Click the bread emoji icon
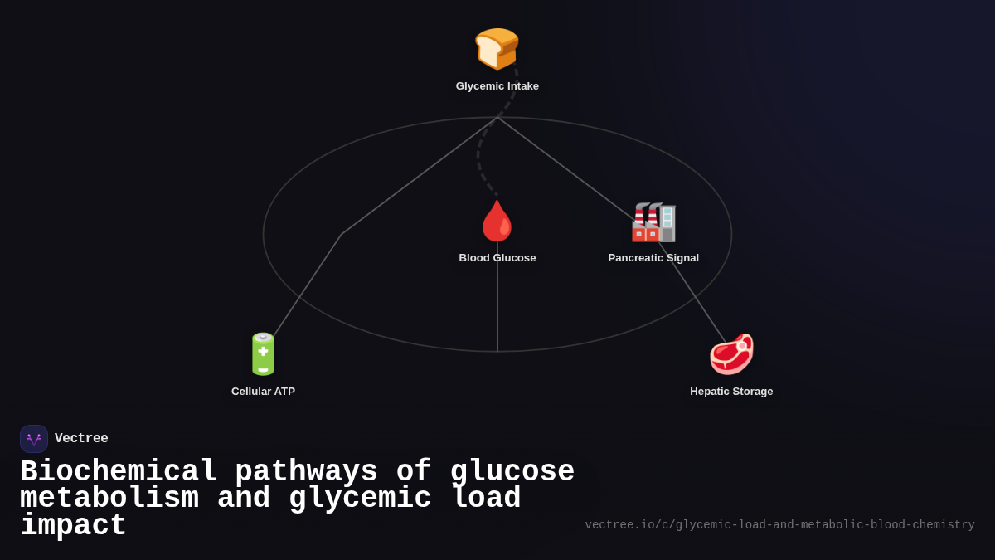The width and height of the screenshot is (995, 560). click(x=497, y=48)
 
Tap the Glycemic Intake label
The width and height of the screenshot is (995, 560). click(x=497, y=86)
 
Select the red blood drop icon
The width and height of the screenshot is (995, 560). click(x=497, y=221)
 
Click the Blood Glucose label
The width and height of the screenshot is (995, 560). click(x=497, y=258)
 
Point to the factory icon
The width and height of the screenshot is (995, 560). click(x=653, y=222)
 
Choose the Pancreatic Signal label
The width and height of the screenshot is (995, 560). click(x=653, y=258)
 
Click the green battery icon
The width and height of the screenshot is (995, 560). click(x=263, y=354)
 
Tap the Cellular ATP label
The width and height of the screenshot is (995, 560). click(x=263, y=392)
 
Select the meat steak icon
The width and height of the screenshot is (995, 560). click(x=731, y=354)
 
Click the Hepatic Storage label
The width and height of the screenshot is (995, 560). click(x=731, y=392)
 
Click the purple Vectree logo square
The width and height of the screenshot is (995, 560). click(x=34, y=439)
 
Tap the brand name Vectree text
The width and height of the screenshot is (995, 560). click(x=81, y=439)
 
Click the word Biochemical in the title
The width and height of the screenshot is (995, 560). click(x=118, y=472)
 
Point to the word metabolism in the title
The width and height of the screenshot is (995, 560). click(x=109, y=499)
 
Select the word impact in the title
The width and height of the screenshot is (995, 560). click(x=73, y=526)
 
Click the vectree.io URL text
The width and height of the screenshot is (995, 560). click(x=779, y=525)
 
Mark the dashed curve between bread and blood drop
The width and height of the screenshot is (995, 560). click(x=479, y=158)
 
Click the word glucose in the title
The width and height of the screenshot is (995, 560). click(x=512, y=472)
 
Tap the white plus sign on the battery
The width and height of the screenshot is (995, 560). click(x=263, y=351)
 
